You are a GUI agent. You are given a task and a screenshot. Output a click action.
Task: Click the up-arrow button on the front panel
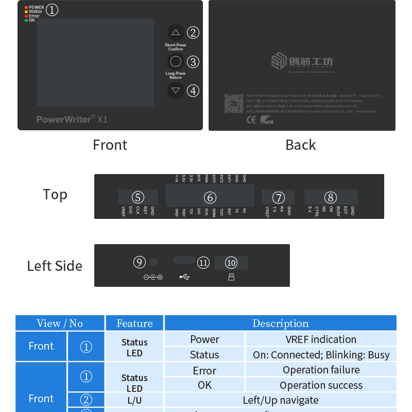(x=176, y=32)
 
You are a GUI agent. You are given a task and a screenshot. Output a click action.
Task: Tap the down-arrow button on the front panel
(x=176, y=90)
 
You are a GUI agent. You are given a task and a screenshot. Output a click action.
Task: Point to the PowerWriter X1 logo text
(x=72, y=119)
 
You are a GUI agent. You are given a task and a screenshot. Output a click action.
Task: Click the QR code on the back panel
(x=233, y=104)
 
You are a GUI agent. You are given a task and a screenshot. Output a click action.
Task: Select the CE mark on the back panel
(x=251, y=119)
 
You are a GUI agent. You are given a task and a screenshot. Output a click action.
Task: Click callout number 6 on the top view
(x=210, y=197)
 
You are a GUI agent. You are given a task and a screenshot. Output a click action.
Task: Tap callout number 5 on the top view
(x=138, y=197)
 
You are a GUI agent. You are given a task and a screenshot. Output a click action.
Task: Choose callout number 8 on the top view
(x=331, y=197)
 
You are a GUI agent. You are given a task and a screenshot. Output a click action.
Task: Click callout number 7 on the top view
(x=278, y=197)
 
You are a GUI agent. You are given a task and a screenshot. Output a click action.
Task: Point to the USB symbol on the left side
(x=184, y=277)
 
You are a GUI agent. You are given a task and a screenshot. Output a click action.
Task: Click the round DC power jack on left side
(x=153, y=262)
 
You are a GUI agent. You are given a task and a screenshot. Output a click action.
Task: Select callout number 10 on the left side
(x=231, y=263)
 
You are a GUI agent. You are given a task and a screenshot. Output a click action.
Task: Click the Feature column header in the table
(x=134, y=323)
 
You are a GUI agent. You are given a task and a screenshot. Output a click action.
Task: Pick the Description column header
(x=280, y=323)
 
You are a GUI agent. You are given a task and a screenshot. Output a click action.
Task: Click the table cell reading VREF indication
(x=321, y=339)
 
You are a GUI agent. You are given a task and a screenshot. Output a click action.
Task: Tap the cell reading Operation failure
(x=321, y=370)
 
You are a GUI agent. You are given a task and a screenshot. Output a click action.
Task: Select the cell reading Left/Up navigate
(x=280, y=400)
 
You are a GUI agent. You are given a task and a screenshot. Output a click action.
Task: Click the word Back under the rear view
(x=301, y=145)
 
